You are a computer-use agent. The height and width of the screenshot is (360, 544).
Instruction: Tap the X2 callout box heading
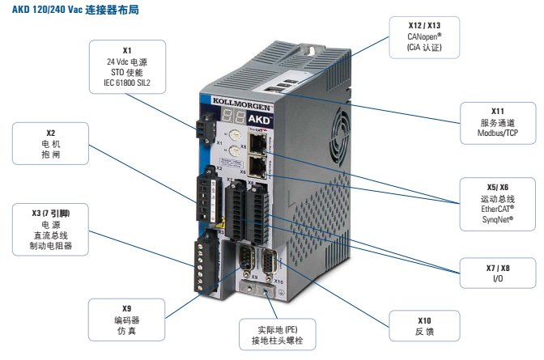click(50, 131)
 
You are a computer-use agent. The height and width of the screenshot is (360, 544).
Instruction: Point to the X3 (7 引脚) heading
click(50, 213)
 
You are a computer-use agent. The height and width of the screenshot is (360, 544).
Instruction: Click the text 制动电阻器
click(50, 246)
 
